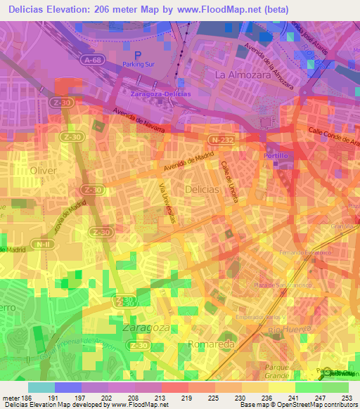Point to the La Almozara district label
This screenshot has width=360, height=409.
pyautogui.click(x=241, y=74)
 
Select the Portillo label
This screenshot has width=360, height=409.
pyautogui.click(x=276, y=154)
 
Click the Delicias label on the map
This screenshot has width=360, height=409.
pyautogui.click(x=202, y=190)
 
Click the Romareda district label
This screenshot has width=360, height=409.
pyautogui.click(x=209, y=344)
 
